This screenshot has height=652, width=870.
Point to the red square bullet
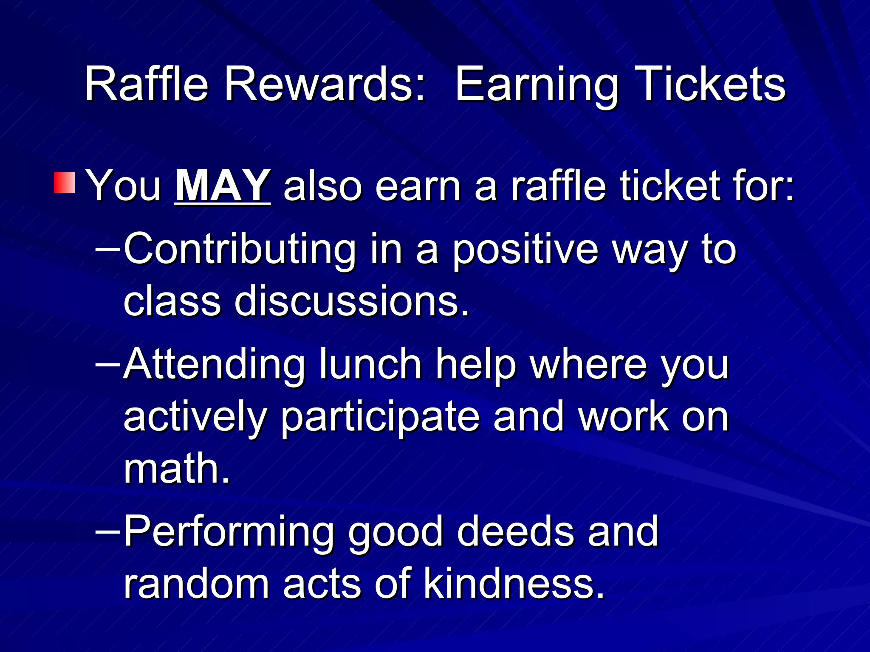(65, 183)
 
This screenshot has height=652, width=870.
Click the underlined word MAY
(222, 185)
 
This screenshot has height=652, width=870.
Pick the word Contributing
(240, 250)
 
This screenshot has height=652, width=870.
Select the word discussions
(352, 301)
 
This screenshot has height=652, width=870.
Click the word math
(177, 469)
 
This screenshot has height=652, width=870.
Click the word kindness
(514, 583)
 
